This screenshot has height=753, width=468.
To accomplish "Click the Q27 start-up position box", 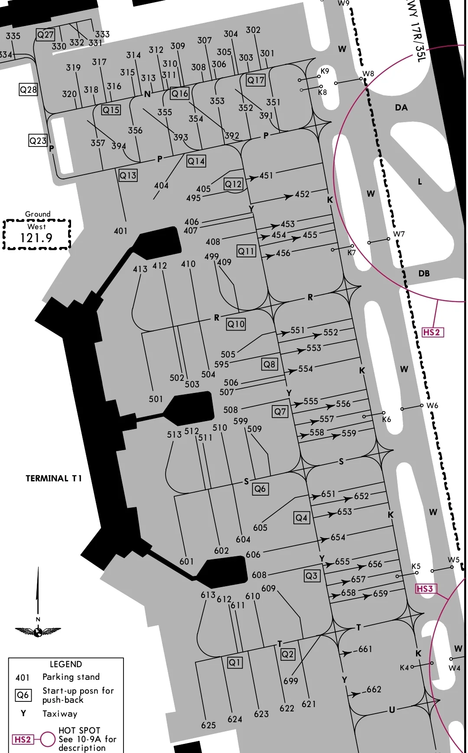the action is (45, 35).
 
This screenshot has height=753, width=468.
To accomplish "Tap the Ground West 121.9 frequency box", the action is (37, 234).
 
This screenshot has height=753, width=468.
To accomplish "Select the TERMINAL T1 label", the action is (54, 478).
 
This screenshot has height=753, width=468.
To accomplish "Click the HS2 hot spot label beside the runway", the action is (433, 332).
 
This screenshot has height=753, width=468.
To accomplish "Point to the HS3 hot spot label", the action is (425, 589).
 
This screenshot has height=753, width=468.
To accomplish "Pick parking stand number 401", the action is (120, 231).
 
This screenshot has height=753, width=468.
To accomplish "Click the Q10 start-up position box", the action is (236, 324).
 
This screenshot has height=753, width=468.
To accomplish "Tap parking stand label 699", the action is (291, 681).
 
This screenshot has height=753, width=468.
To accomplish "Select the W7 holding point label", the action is (399, 234).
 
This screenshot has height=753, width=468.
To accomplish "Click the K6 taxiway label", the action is (387, 419).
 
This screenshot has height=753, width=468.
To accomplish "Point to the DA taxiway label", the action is (401, 107).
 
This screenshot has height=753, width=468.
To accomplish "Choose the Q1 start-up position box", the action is (235, 662).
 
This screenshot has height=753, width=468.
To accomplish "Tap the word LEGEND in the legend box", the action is (66, 664).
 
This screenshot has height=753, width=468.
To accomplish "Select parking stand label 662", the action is (374, 689).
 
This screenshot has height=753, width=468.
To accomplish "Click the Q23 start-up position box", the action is (38, 140).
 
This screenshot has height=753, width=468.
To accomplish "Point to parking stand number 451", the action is (266, 175).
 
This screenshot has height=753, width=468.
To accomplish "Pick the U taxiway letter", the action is (392, 710).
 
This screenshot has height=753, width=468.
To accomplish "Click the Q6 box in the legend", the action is (23, 695).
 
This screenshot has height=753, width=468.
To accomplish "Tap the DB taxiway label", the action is (424, 273).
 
